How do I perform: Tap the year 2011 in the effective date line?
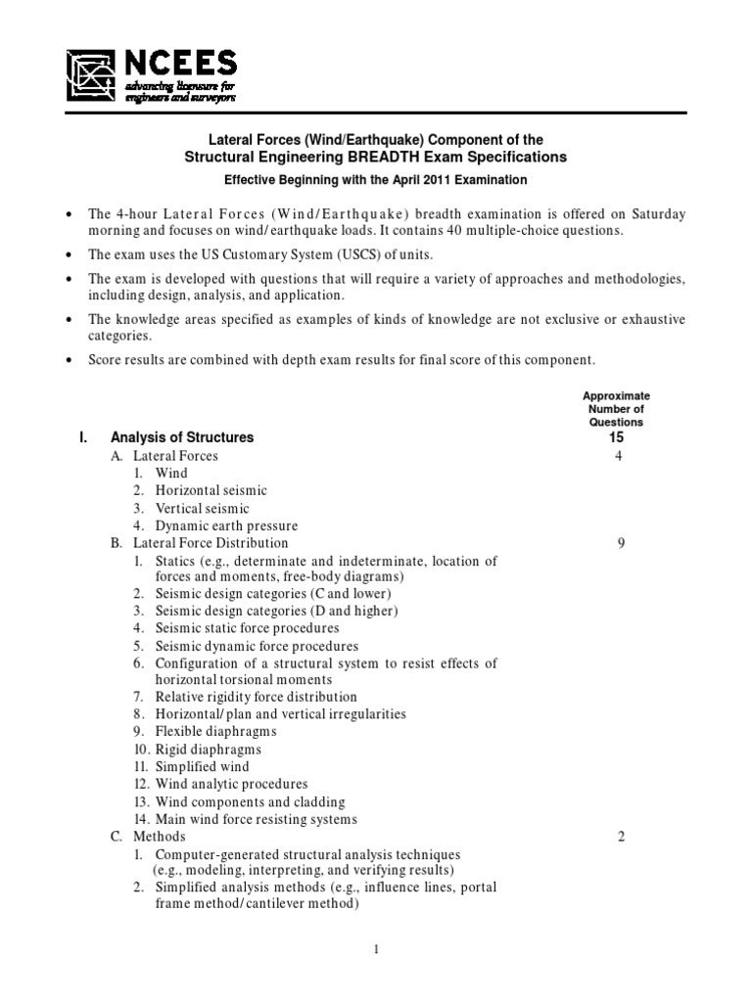(407, 180)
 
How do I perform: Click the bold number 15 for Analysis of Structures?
(616, 437)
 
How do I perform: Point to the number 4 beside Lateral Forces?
(619, 456)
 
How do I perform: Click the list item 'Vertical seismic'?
(203, 509)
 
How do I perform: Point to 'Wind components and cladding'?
(240, 801)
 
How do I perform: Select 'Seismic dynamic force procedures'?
(257, 646)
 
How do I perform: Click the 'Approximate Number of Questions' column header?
(616, 409)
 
